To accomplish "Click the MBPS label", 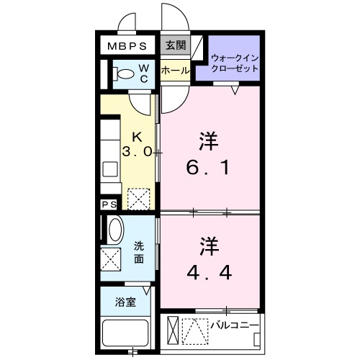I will point(127,45).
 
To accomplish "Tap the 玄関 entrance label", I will point(175,45).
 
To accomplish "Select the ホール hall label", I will point(175,71).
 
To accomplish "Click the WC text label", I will point(144,73).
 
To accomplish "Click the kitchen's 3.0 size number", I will point(136,151).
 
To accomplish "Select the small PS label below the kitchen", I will point(109,205).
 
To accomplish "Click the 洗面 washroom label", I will point(140,252).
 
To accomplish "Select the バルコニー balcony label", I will point(234,325).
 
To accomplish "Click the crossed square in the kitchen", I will point(138,197).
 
